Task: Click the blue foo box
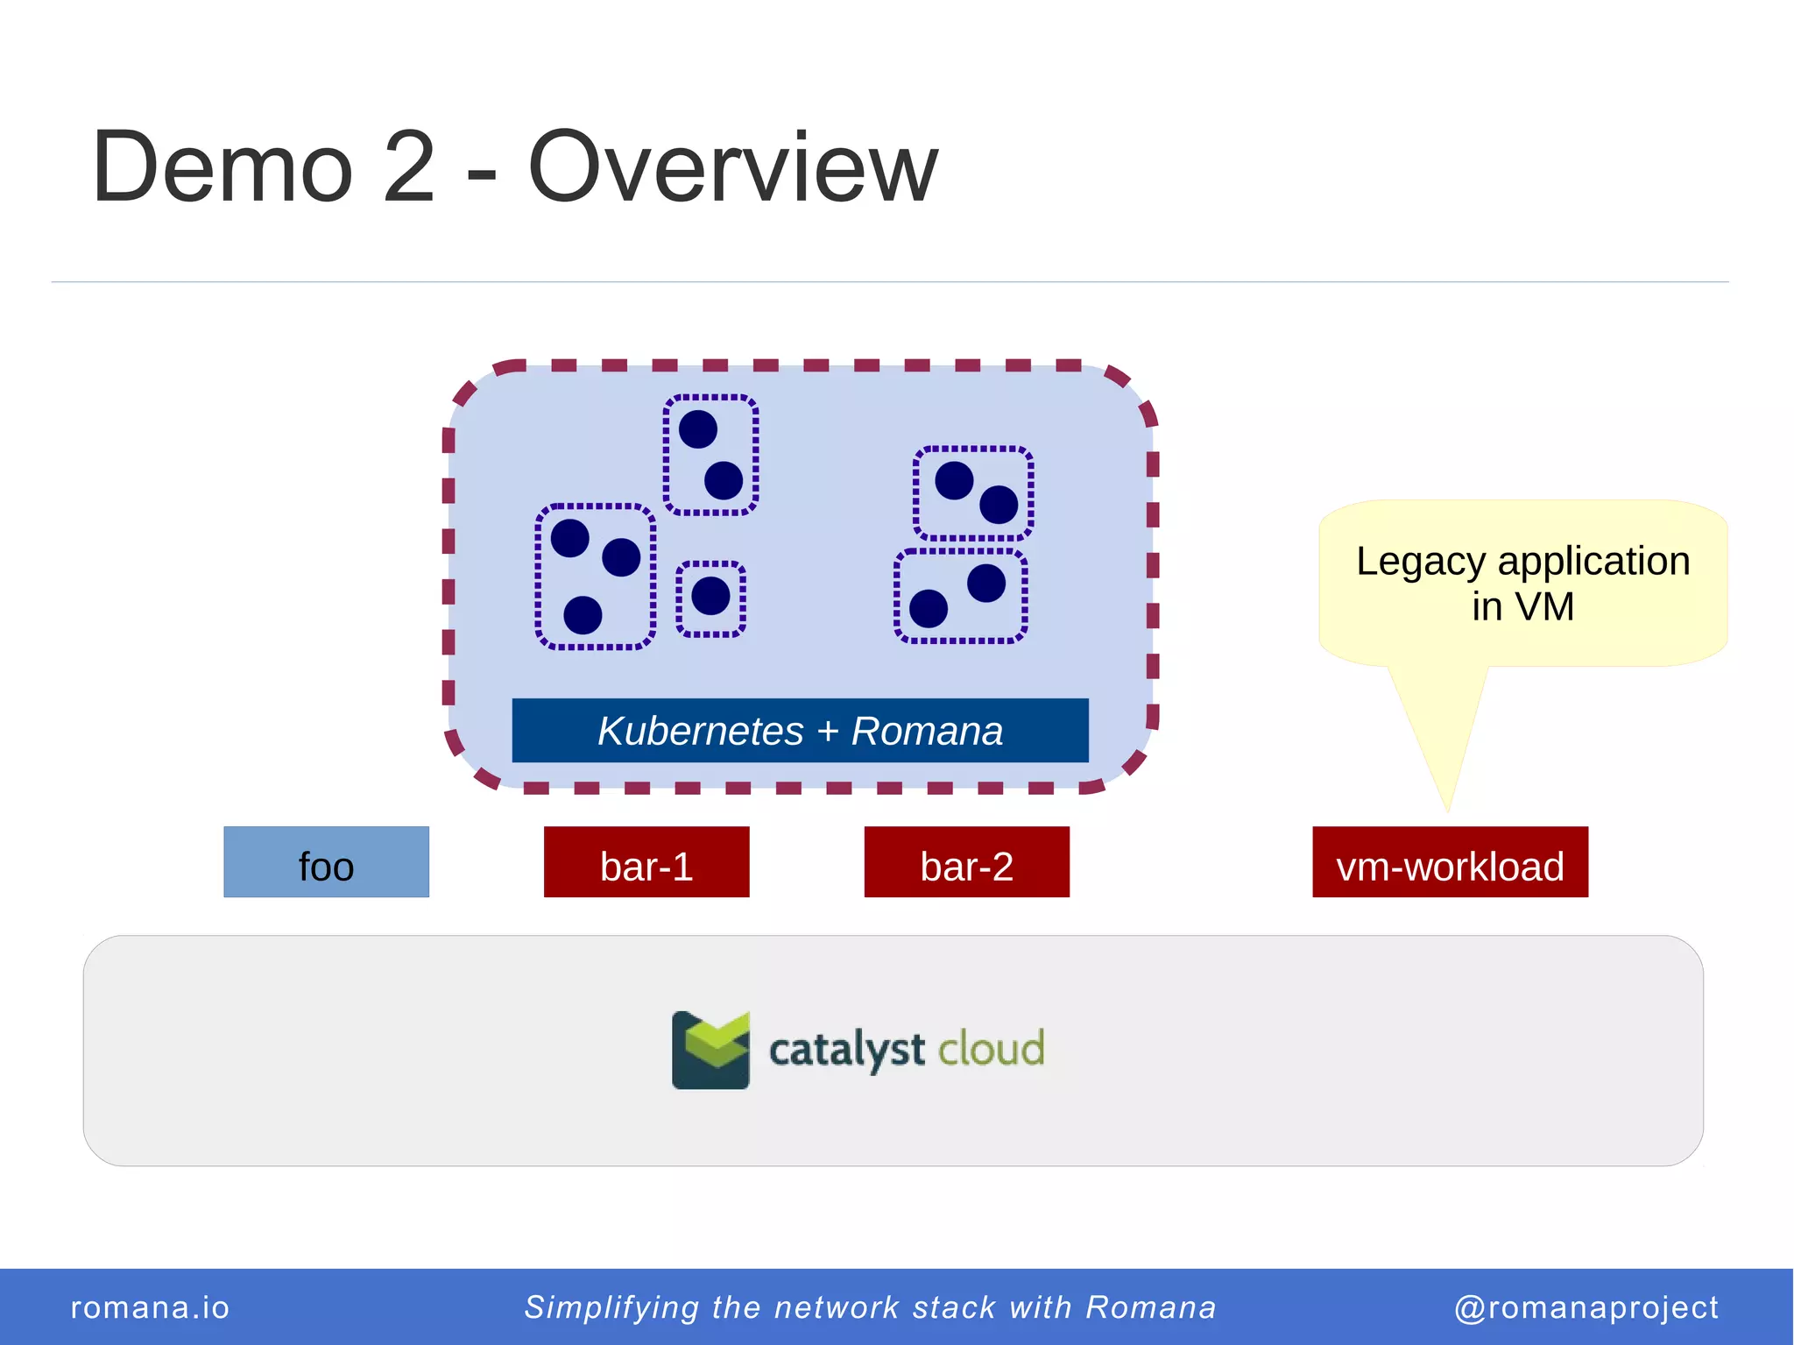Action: [x=326, y=862]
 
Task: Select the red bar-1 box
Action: [x=646, y=862]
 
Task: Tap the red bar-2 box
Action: [x=966, y=862]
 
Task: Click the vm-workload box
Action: [x=1450, y=862]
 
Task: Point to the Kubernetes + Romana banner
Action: [x=800, y=730]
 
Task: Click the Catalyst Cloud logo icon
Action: [x=710, y=1050]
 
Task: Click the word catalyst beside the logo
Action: [x=846, y=1050]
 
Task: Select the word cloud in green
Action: [x=991, y=1048]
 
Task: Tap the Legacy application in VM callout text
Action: [x=1522, y=583]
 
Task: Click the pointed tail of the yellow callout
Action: [x=1445, y=789]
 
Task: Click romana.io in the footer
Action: [x=150, y=1307]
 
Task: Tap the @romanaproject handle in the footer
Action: [x=1586, y=1307]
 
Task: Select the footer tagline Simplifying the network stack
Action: [x=870, y=1307]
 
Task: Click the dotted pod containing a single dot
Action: [x=710, y=598]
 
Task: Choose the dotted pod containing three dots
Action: [x=596, y=577]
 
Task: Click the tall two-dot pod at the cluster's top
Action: [x=710, y=455]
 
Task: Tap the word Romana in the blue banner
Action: [x=927, y=730]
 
